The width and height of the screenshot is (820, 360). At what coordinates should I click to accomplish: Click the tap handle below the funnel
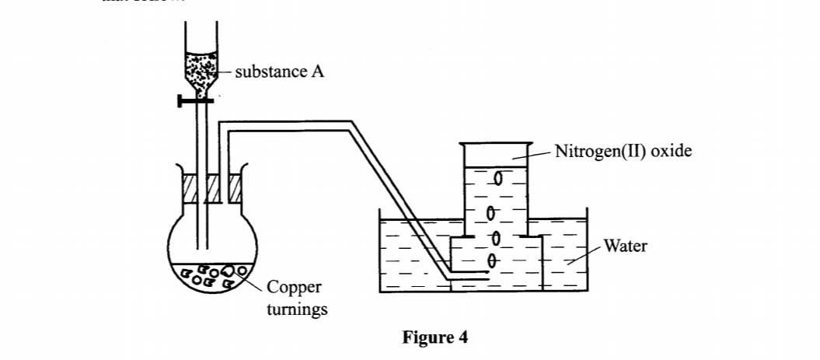(194, 100)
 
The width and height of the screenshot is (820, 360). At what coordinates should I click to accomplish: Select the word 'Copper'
(293, 288)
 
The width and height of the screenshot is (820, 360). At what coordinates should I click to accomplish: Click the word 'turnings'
(297, 309)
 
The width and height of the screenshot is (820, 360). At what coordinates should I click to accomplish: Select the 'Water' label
(625, 246)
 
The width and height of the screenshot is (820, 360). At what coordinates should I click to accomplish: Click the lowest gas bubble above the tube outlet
(491, 260)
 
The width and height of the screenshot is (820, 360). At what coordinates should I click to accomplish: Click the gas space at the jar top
(494, 155)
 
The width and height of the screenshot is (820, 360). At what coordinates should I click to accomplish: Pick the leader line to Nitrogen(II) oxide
(533, 156)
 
